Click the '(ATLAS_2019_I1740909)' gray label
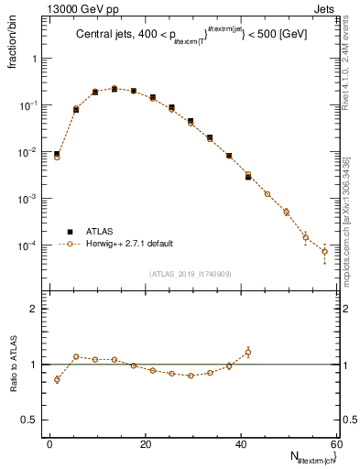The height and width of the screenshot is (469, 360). click(x=189, y=274)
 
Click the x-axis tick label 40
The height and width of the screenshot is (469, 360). click(x=241, y=443)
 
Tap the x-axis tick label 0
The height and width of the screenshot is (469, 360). click(x=50, y=443)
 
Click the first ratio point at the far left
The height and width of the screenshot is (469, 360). click(x=57, y=379)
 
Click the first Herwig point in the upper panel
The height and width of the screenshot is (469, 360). click(x=57, y=157)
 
